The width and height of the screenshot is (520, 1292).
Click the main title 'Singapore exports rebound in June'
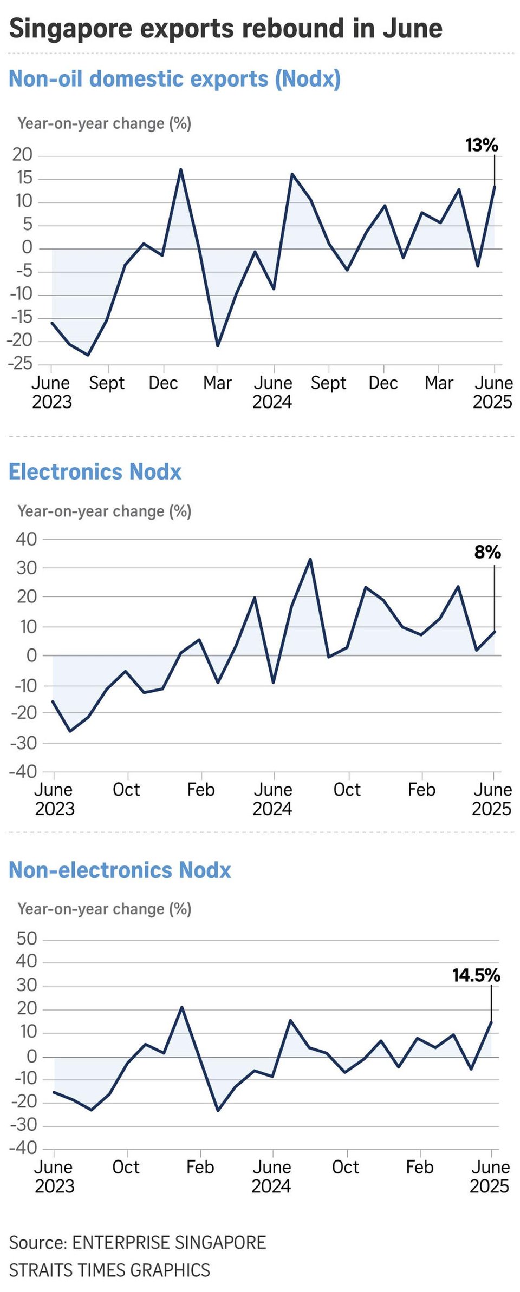[x=225, y=28]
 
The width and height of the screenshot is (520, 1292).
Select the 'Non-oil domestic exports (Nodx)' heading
[x=174, y=79]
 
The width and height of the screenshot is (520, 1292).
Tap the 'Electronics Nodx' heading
[x=95, y=472]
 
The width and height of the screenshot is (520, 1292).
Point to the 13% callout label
[x=482, y=145]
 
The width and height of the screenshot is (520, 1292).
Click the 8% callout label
[x=487, y=552]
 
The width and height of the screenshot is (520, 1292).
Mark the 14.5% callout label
[x=476, y=976]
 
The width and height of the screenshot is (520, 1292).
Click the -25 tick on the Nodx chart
[x=20, y=363]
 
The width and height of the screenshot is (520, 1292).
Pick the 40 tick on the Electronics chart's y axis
[x=26, y=539]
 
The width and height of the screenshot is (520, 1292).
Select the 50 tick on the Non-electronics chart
[x=27, y=939]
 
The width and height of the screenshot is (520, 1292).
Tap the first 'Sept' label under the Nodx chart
[x=107, y=383]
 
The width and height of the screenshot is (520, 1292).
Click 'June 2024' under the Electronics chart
[x=272, y=799]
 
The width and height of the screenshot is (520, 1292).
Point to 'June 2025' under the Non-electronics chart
[x=490, y=1177]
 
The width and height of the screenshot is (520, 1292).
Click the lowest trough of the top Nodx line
[x=88, y=355]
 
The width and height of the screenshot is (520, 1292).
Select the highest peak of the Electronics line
[x=310, y=559]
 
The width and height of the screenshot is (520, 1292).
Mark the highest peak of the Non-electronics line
[x=181, y=1007]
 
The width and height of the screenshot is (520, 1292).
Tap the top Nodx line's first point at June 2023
[x=52, y=323]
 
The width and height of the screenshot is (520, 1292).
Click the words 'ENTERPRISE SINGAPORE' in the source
[x=169, y=1242]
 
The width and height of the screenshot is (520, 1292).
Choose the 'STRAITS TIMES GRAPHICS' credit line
[x=109, y=1270]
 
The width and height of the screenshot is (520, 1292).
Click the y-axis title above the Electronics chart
[x=105, y=511]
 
